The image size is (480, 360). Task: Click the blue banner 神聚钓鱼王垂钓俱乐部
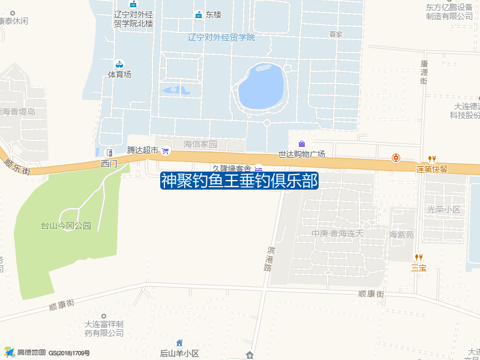tap(239, 181)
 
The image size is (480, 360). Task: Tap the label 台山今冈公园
tap(65, 226)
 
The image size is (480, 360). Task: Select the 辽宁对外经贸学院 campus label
tap(221, 37)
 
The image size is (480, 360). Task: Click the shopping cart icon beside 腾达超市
tap(166, 151)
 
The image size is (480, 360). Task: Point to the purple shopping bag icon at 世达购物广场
tap(301, 143)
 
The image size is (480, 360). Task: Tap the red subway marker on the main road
tap(396, 158)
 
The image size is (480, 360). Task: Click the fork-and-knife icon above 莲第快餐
tap(431, 158)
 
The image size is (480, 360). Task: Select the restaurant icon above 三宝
tap(418, 257)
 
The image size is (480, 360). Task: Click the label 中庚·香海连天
tap(337, 233)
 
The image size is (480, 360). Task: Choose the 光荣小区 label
tap(443, 209)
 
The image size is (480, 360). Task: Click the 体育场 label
tap(119, 74)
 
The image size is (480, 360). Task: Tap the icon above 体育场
tap(119, 64)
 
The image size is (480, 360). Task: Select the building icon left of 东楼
tap(198, 15)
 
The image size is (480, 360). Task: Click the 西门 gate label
tap(109, 163)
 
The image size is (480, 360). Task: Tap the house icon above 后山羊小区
tap(179, 343)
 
